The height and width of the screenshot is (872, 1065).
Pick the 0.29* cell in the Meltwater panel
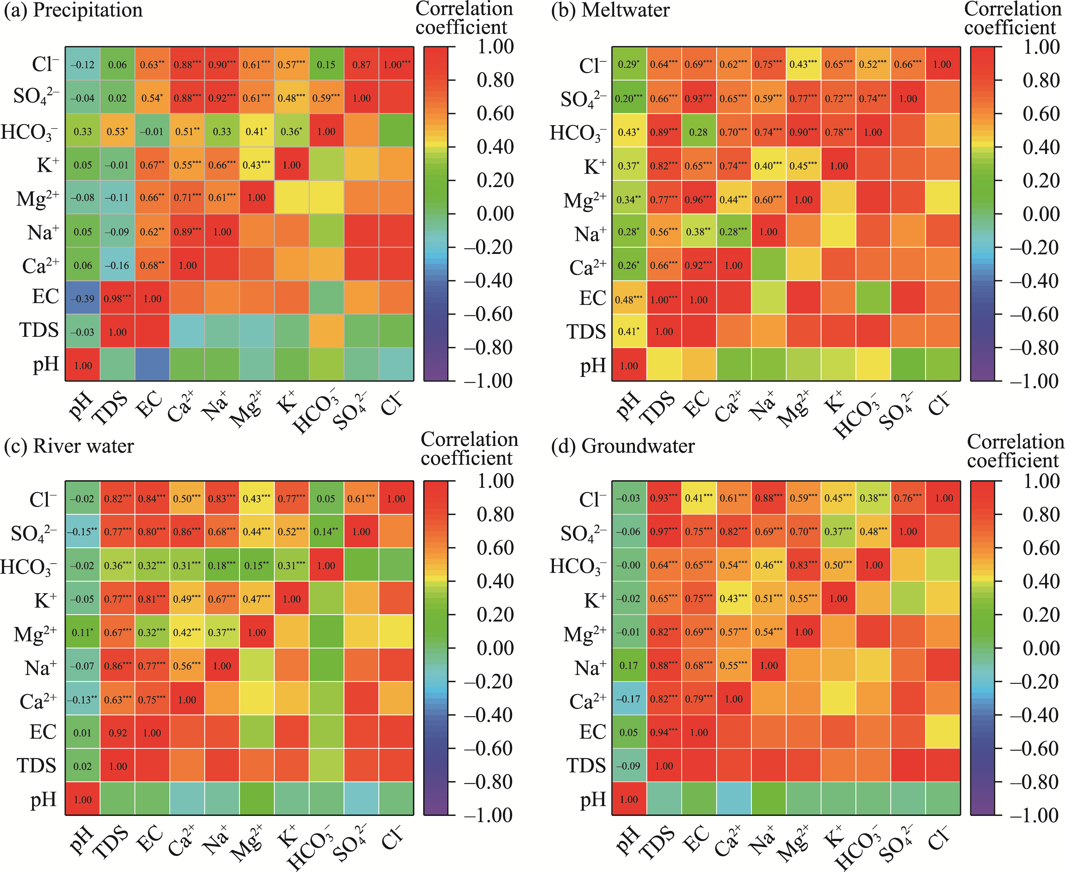629,64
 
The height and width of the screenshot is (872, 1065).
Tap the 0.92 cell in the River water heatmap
117,733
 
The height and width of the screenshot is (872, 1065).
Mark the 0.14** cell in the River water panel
326,531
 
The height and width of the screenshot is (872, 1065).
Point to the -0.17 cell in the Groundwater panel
629,699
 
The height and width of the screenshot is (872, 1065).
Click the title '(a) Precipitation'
73,10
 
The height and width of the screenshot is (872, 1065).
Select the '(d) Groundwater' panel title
623,446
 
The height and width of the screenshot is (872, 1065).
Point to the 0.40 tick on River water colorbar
495,581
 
